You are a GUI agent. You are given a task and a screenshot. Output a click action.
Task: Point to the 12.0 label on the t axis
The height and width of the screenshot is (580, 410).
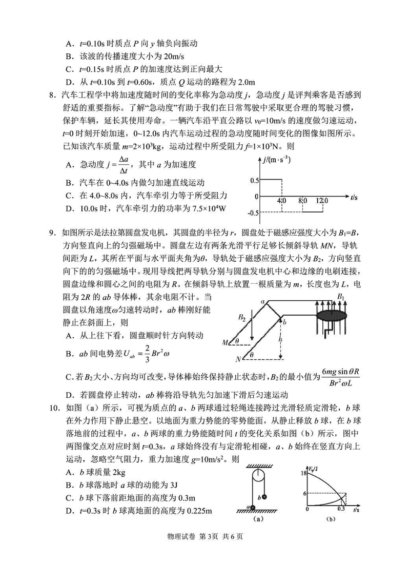[x=322, y=201]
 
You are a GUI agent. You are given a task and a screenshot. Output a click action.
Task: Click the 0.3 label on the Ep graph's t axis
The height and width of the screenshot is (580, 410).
[x=342, y=510]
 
